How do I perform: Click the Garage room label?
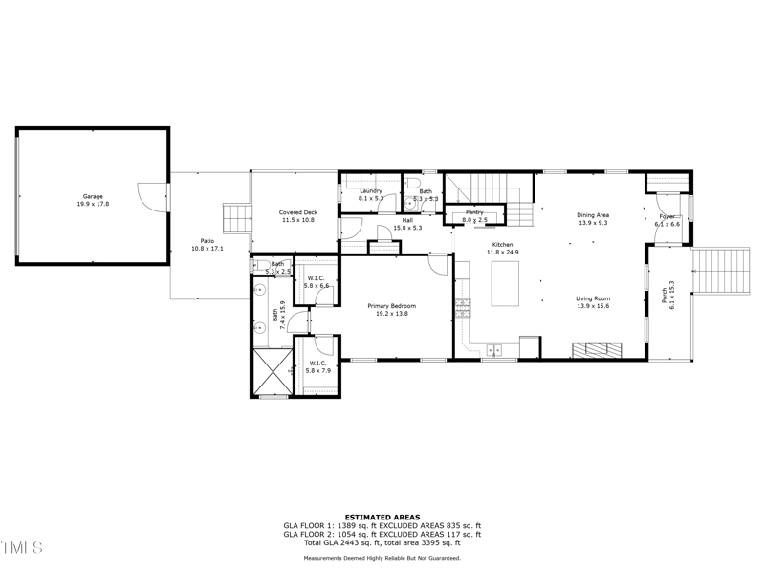[92, 197]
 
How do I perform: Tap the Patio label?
[207, 241]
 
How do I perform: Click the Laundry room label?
[371, 191]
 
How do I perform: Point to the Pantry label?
[474, 212]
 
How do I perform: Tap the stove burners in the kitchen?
[463, 308]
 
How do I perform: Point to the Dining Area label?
[593, 215]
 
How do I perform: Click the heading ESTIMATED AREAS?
[382, 517]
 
